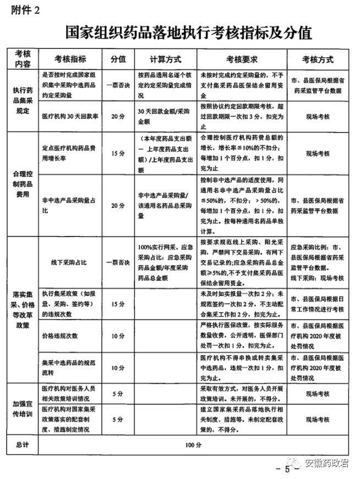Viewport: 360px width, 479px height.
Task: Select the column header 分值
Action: (118, 59)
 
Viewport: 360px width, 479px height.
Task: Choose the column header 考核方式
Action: (318, 59)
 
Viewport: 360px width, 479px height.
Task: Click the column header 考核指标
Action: (70, 59)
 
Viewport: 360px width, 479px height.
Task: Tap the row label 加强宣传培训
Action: (23, 408)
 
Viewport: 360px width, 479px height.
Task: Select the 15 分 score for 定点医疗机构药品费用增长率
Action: (118, 153)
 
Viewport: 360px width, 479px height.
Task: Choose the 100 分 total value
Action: (190, 445)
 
